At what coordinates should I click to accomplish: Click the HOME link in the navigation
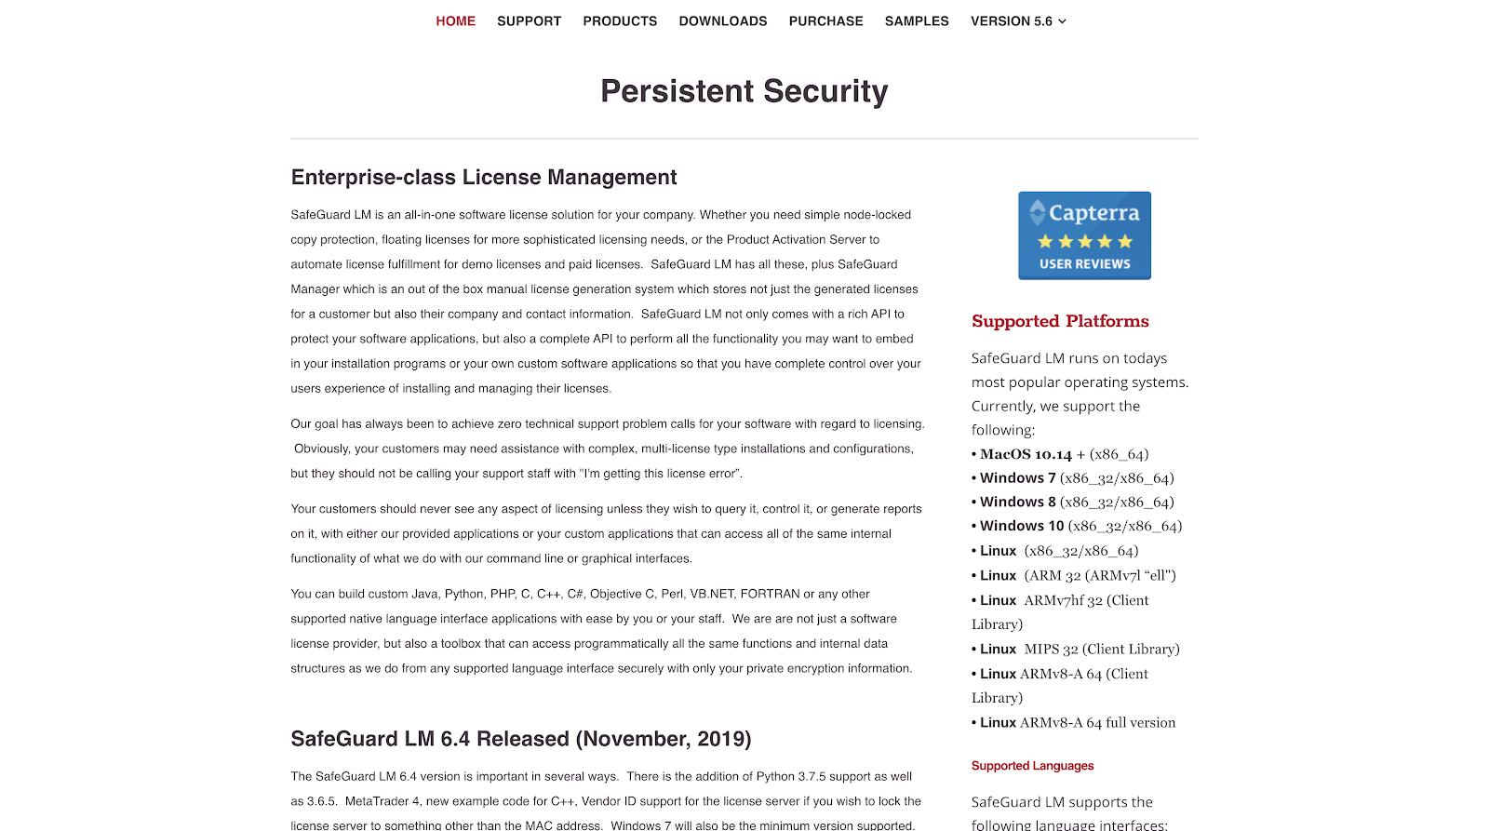coord(455,21)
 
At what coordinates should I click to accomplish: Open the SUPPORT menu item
coord(529,21)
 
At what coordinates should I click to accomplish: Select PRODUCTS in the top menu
coord(620,21)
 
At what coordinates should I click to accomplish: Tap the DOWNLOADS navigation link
coord(723,21)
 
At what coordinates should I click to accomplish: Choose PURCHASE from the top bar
coord(825,21)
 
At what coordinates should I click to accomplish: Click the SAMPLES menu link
coord(917,21)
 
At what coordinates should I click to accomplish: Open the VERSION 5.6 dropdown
coord(1018,21)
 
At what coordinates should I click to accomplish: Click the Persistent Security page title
coord(744,91)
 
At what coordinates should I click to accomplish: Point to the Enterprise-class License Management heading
coord(484,178)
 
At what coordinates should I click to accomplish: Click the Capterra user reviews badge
coord(1084,235)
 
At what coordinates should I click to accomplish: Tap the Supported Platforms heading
coord(1060,321)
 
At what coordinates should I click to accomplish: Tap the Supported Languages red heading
coord(1032,766)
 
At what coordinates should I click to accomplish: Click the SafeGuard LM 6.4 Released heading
coord(520,739)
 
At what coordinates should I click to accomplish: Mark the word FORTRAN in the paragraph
coord(770,594)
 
